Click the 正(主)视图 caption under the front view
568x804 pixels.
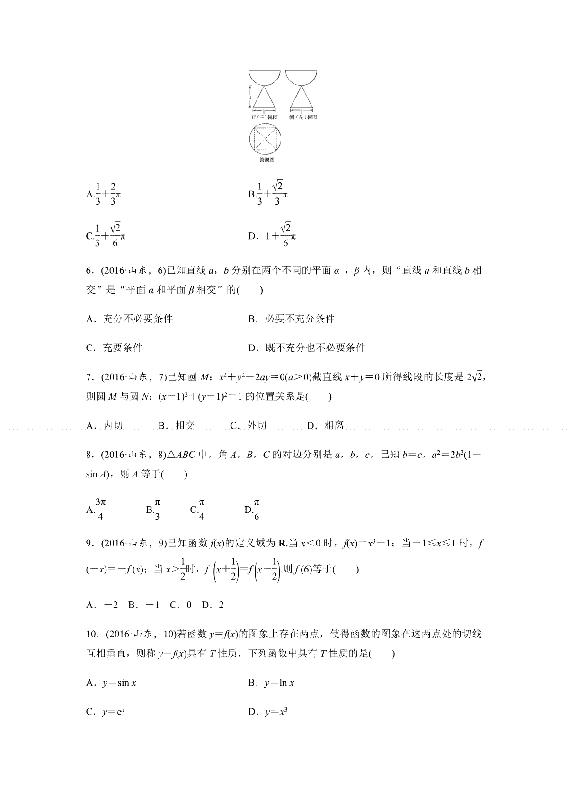coord(265,117)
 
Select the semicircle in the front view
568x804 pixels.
coord(265,77)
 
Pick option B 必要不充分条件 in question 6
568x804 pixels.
coord(292,319)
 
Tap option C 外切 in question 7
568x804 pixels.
coord(248,426)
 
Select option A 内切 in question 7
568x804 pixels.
coord(105,426)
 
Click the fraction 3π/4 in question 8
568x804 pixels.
coord(100,509)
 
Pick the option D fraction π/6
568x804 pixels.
coord(256,509)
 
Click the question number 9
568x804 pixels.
coord(90,544)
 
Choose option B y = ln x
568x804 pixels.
coord(272,683)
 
